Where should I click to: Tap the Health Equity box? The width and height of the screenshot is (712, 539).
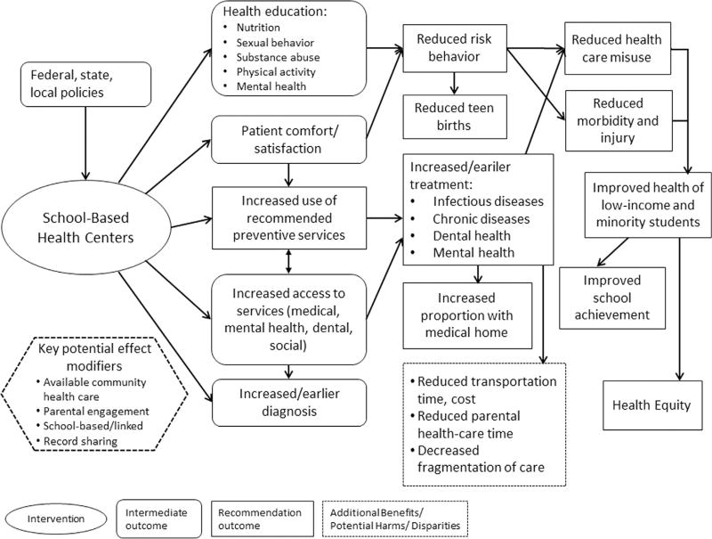click(651, 404)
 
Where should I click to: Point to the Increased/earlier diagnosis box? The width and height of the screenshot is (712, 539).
click(288, 397)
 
